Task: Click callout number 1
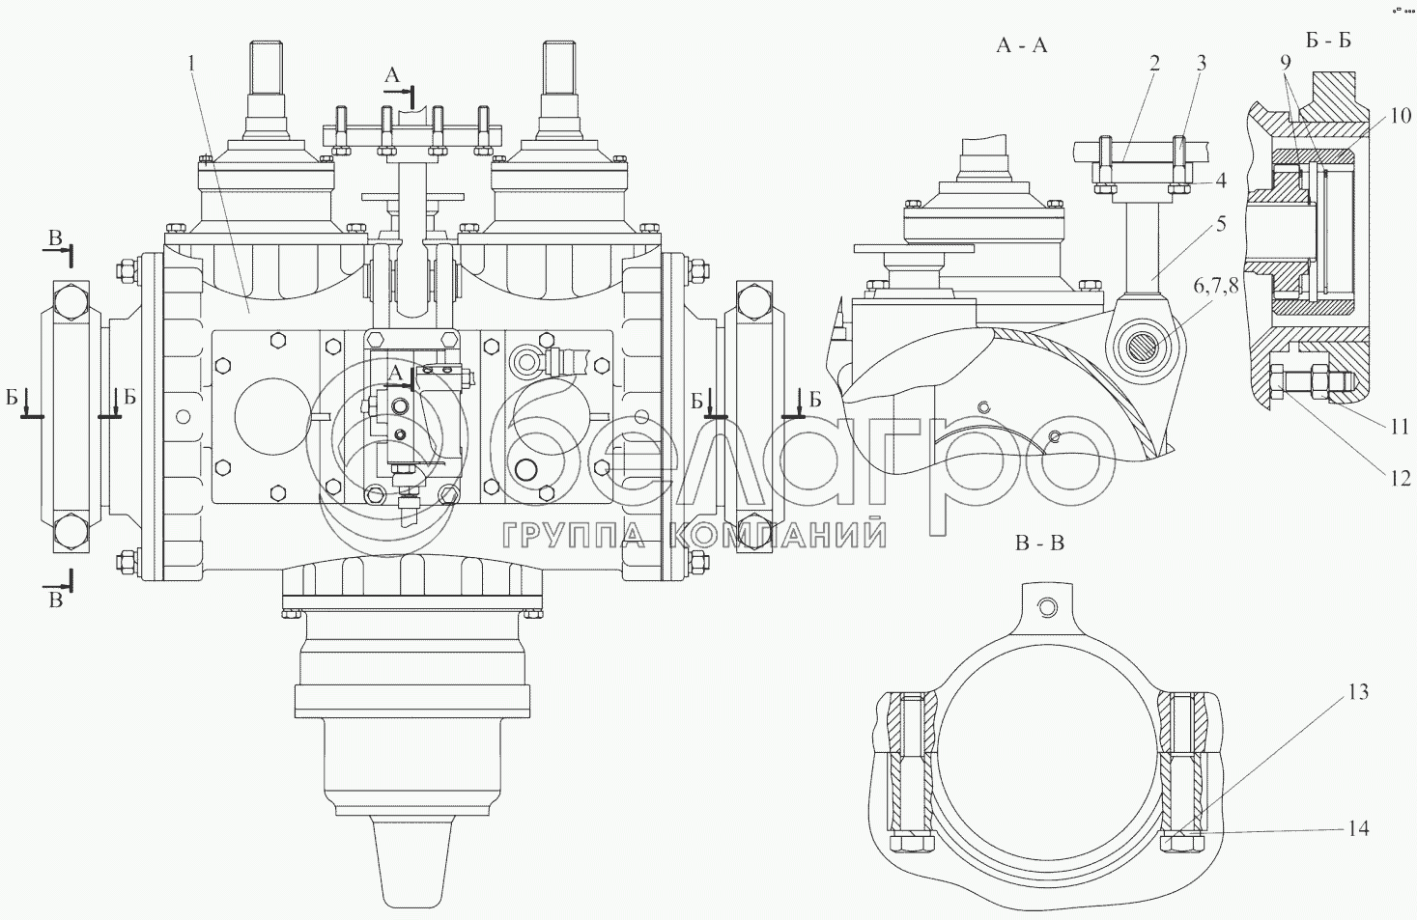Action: point(191,63)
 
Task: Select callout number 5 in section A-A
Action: point(1220,224)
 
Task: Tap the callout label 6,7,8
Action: point(1215,286)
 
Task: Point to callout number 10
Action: point(1401,116)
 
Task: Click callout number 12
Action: point(1401,479)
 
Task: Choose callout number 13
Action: point(1357,692)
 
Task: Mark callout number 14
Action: point(1358,828)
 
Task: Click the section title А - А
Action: point(1022,45)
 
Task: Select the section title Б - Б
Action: point(1328,40)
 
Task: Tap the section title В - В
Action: point(1039,544)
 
